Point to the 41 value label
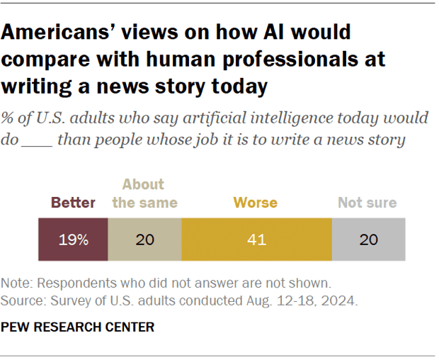257,240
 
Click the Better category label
73,203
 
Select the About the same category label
144,194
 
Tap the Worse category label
257,203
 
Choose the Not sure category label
367,203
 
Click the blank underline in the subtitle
36,140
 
